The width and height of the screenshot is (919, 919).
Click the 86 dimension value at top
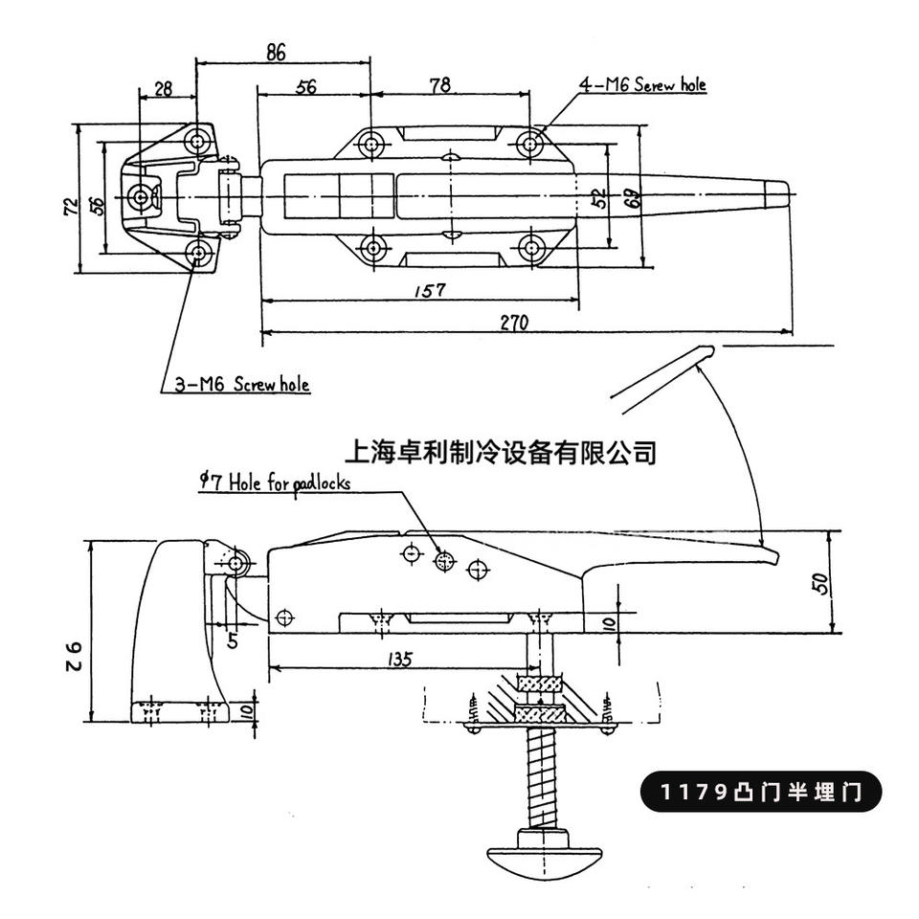click(x=276, y=52)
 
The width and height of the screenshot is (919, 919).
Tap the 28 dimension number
click(x=164, y=88)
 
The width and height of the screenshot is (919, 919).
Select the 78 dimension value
click(x=440, y=85)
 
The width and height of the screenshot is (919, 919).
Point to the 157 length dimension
click(x=430, y=290)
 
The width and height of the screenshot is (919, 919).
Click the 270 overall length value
click(x=514, y=323)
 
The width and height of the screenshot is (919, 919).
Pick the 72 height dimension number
click(x=71, y=206)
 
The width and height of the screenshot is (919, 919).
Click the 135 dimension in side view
click(x=400, y=659)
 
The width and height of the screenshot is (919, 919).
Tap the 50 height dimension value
click(x=822, y=584)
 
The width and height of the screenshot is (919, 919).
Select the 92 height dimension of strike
click(x=74, y=656)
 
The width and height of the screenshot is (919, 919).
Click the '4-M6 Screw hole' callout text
click(x=642, y=85)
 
